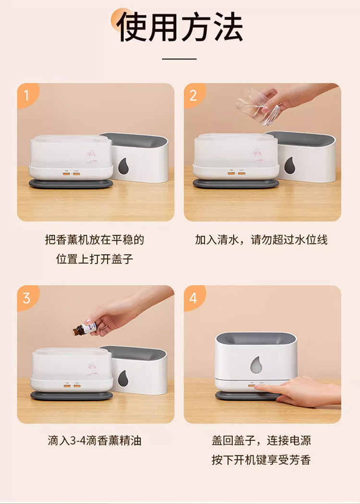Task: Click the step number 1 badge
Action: (x=27, y=95)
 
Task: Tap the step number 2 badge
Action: (x=193, y=95)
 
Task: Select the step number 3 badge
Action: (x=27, y=298)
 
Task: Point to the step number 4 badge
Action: (x=193, y=298)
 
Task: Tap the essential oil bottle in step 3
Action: (x=85, y=329)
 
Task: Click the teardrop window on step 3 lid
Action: (x=122, y=378)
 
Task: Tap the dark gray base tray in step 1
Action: (x=71, y=184)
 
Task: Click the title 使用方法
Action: (x=180, y=27)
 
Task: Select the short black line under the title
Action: (x=179, y=59)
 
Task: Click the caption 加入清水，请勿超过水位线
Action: (x=261, y=240)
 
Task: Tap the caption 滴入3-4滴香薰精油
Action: (x=95, y=440)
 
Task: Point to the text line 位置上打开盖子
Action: (x=95, y=259)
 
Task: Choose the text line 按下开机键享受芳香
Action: (x=261, y=460)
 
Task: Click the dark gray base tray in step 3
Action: (x=72, y=396)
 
